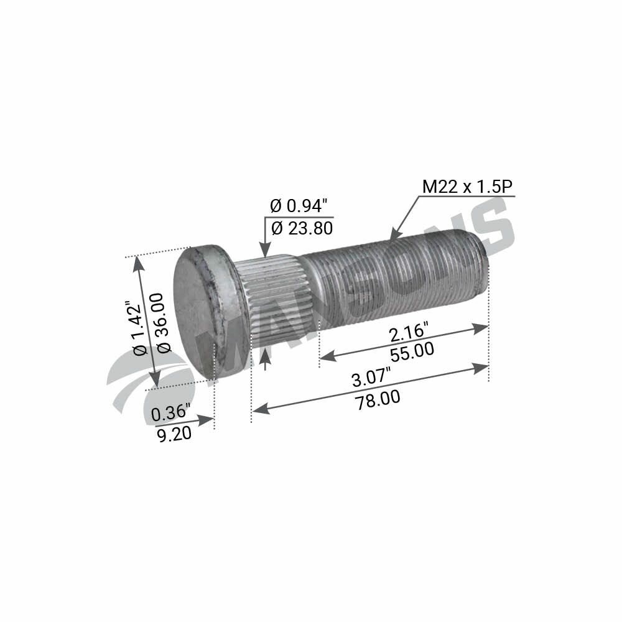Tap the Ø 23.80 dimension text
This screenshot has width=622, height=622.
tap(302, 228)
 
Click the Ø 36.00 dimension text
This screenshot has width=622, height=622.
tap(163, 323)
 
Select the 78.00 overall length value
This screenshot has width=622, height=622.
tap(378, 398)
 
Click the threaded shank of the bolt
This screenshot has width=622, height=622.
tap(398, 274)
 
